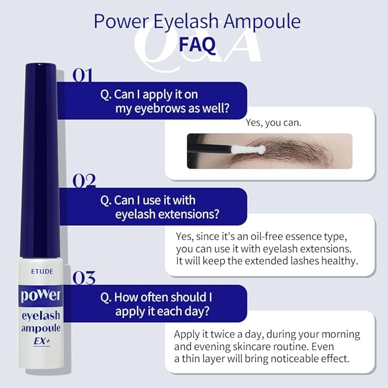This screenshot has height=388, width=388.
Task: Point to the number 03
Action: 84,278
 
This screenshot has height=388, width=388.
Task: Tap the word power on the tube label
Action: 41,296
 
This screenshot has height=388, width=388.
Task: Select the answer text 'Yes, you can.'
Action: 273,123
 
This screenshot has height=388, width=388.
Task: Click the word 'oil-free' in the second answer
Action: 278,237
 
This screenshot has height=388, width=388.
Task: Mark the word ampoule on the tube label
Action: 41,328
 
